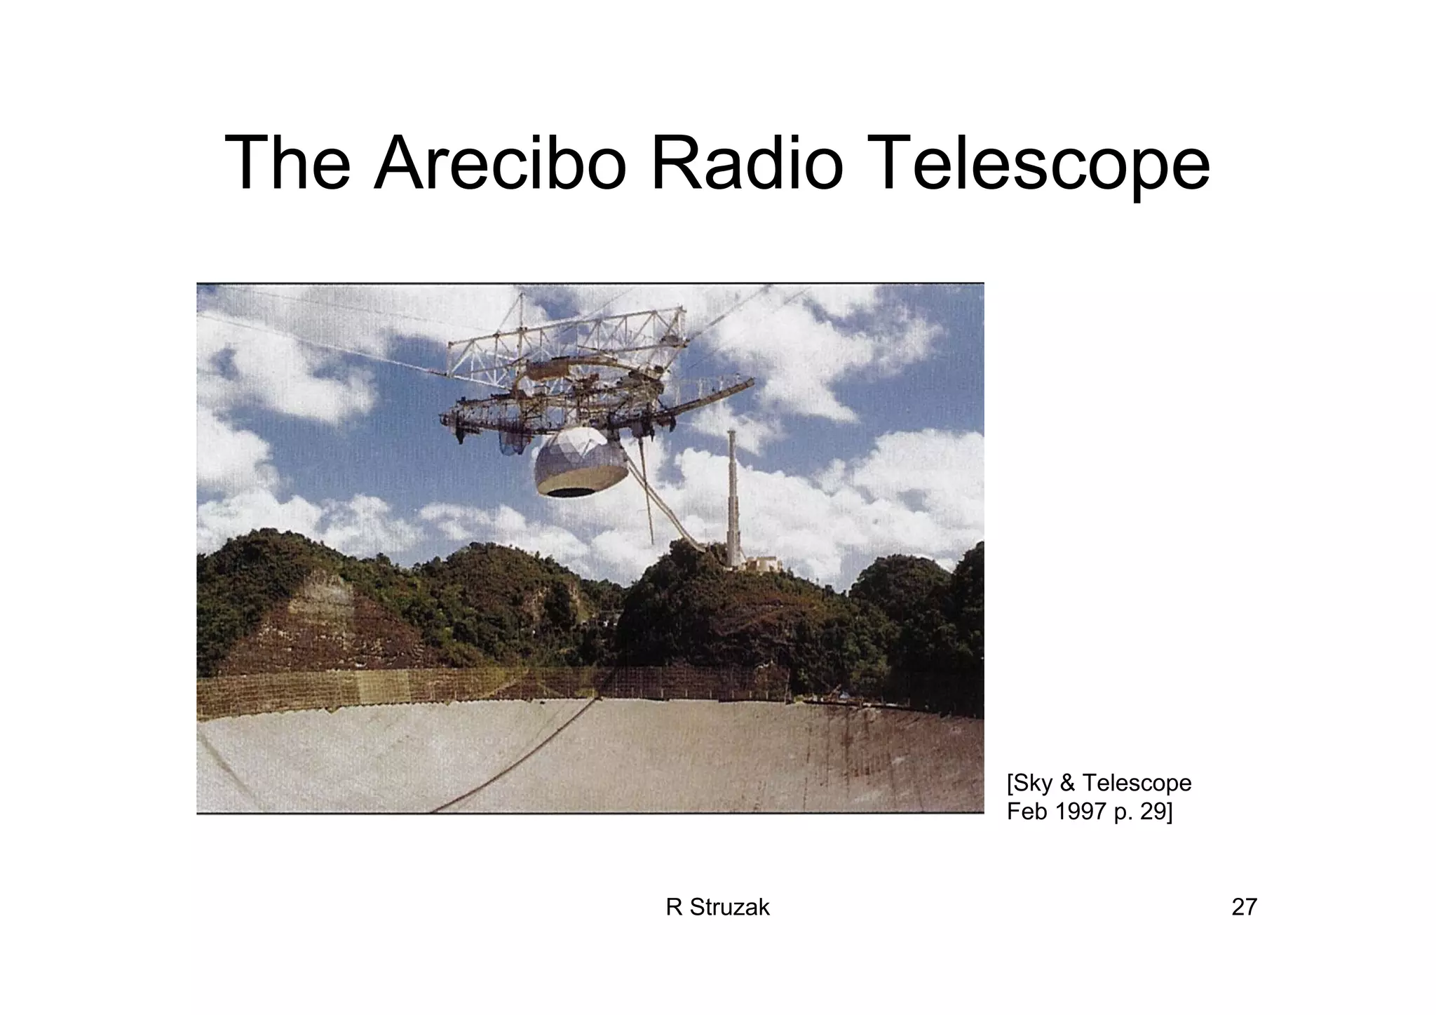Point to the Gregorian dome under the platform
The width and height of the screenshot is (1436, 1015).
point(581,463)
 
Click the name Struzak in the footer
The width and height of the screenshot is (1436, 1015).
point(730,907)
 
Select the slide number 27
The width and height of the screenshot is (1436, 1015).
point(1244,907)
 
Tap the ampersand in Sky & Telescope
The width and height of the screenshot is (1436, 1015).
point(1070,782)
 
